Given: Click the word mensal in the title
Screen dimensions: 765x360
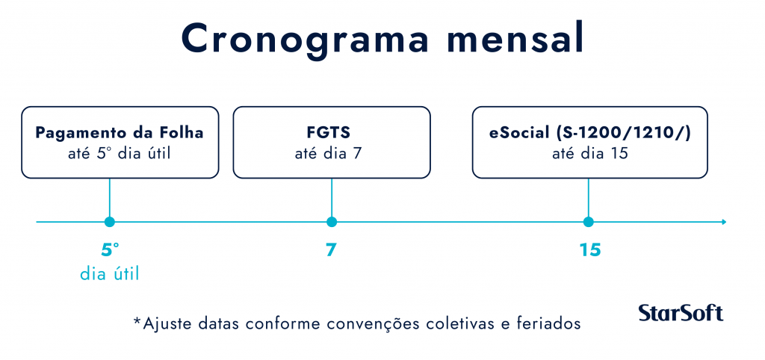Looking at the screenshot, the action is [x=515, y=39].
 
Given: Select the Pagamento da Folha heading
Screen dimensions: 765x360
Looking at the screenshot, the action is [x=120, y=133].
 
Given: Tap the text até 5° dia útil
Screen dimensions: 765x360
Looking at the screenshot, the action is [x=120, y=154].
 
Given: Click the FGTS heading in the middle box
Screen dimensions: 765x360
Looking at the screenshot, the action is [x=331, y=133].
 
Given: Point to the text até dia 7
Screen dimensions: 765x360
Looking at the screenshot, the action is [x=331, y=154].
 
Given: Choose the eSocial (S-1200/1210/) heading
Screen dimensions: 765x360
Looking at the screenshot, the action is [x=590, y=133].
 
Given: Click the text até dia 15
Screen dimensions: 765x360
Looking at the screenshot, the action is [x=590, y=154].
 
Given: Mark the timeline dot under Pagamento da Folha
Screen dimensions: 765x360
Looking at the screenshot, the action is [x=109, y=222].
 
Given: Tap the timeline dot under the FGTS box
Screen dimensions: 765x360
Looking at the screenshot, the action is [x=331, y=222].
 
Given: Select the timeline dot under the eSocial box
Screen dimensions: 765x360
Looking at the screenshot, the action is [x=589, y=222].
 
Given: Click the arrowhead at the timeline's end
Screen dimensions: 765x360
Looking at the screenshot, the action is [x=724, y=222].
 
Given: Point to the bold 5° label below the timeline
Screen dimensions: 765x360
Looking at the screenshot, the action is [x=110, y=249].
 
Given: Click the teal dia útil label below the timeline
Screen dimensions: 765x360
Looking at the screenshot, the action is [x=110, y=274].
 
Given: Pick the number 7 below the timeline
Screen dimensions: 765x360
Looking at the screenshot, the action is [x=331, y=250].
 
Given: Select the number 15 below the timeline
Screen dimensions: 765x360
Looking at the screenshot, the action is [x=590, y=250].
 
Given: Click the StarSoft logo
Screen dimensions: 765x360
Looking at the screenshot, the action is [x=681, y=313].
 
